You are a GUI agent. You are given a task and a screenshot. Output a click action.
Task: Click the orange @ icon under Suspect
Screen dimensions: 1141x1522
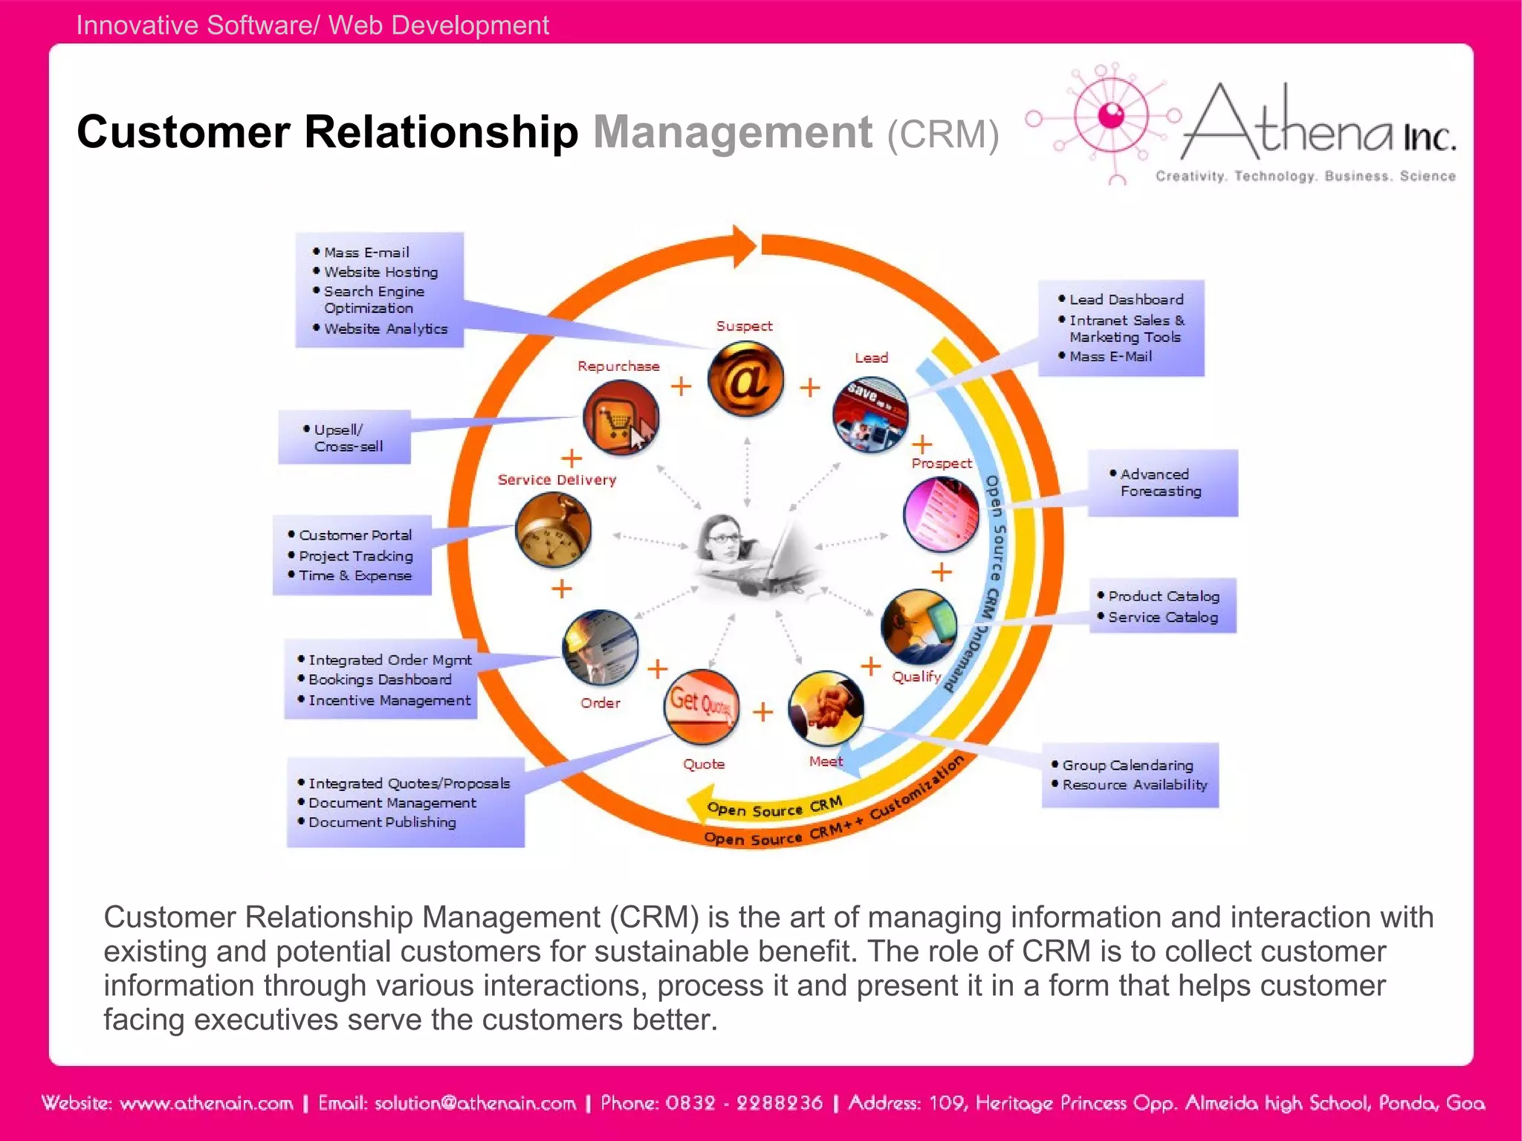coord(745,379)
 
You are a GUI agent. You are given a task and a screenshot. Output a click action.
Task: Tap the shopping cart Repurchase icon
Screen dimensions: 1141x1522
coord(621,418)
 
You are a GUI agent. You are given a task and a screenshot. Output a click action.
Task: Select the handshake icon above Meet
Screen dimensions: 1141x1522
coord(826,708)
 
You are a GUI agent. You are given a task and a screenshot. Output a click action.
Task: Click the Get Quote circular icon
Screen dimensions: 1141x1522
coord(701,706)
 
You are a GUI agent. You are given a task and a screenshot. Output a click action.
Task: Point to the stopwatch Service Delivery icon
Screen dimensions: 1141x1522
coord(553,531)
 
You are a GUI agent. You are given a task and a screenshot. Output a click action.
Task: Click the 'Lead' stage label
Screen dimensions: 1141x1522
coord(871,358)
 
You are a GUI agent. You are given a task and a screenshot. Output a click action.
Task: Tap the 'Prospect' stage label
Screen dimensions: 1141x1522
coord(941,463)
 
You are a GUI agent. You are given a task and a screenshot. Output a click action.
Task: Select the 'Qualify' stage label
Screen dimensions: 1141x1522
coord(916,676)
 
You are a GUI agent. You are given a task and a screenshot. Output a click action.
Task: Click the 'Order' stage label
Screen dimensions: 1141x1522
coord(600,702)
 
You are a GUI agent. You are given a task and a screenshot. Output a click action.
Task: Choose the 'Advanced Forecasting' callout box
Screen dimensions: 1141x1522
coord(1162,482)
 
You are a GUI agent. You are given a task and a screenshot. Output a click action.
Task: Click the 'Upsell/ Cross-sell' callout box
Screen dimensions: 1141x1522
coord(345,437)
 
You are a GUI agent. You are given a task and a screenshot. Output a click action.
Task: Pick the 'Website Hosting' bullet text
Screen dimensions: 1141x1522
coord(380,272)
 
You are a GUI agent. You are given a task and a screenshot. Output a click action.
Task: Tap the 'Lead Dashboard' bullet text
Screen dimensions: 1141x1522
coord(1126,300)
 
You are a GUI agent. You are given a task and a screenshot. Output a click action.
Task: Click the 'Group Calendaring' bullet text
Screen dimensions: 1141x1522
coord(1127,765)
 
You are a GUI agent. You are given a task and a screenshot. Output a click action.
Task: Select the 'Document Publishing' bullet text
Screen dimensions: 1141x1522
coord(382,822)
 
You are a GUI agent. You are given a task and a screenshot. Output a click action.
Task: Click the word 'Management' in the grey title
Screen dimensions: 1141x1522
coord(732,132)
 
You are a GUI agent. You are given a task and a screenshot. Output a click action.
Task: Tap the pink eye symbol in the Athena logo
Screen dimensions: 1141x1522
coord(1112,115)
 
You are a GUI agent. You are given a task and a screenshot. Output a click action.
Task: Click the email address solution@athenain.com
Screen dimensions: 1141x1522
coord(447,1103)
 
